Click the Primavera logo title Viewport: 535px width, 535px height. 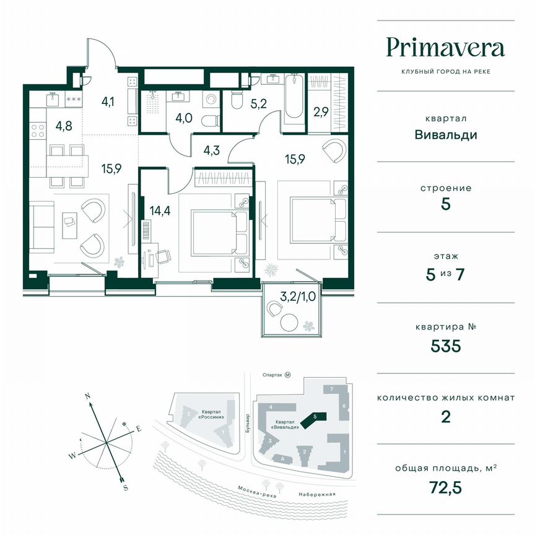pyautogui.click(x=445, y=47)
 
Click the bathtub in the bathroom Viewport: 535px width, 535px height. pyautogui.click(x=294, y=102)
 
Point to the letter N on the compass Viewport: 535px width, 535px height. pyautogui.click(x=88, y=395)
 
